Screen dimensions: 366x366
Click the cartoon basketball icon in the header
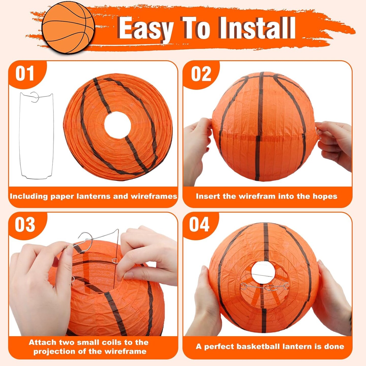[x=68, y=28]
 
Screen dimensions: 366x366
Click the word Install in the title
[x=257, y=28]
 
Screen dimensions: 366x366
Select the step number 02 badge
[x=201, y=74]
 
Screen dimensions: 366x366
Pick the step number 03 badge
[x=25, y=224]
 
